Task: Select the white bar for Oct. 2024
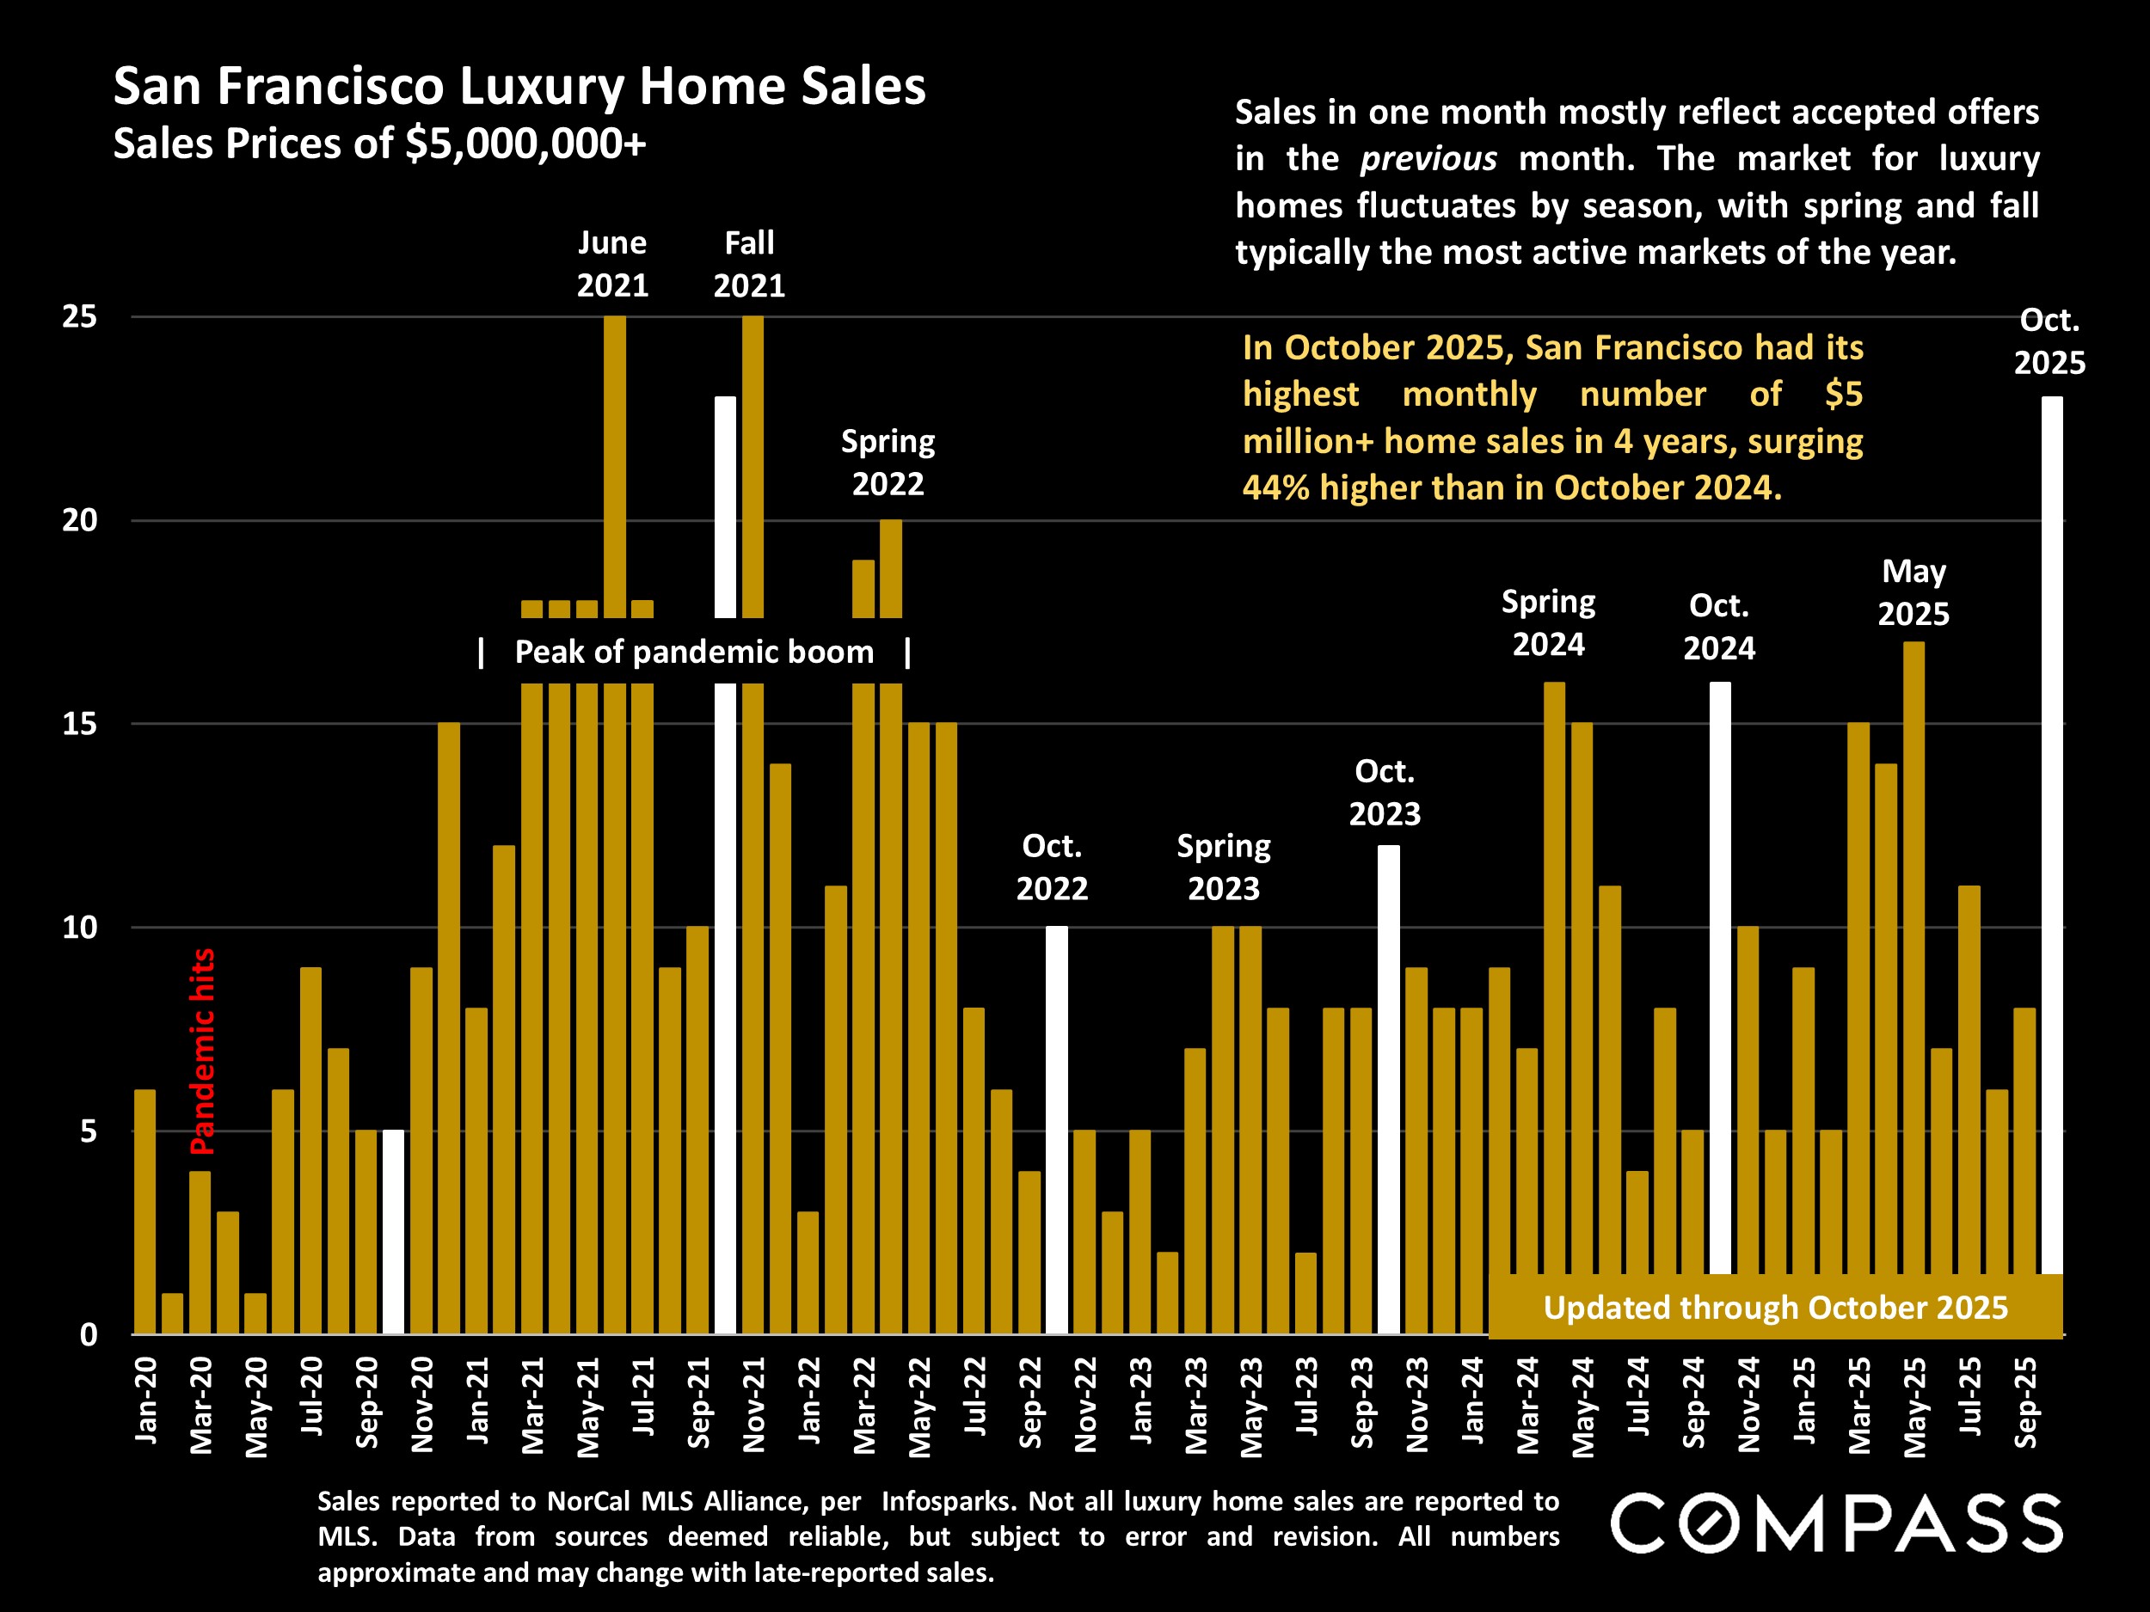(x=1719, y=971)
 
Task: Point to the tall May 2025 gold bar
(x=1913, y=971)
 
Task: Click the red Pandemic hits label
(x=202, y=1051)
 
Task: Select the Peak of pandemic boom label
(x=694, y=652)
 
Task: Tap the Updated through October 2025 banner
(x=1775, y=1308)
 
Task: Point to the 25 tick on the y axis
(x=80, y=316)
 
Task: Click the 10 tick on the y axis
(x=80, y=927)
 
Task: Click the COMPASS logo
(x=1835, y=1524)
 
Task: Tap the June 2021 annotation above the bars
(x=612, y=263)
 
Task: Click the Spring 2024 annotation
(x=1548, y=622)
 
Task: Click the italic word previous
(x=1428, y=158)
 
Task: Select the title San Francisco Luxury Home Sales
(x=519, y=87)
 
